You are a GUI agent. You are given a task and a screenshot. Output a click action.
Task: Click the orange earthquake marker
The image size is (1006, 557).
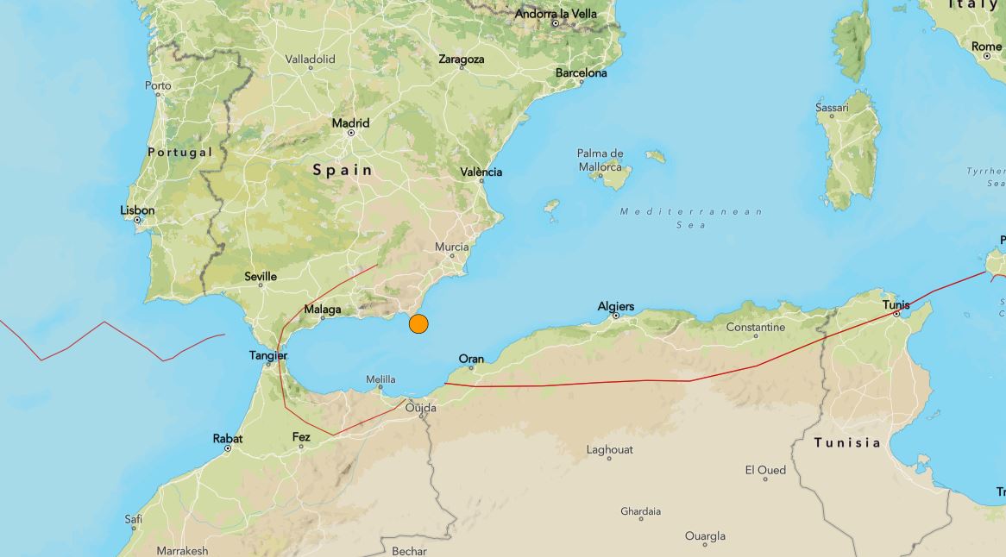[x=418, y=324]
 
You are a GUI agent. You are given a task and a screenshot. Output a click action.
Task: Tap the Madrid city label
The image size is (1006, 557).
[x=351, y=123]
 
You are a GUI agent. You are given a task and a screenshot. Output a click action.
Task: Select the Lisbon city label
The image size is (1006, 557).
[x=138, y=210]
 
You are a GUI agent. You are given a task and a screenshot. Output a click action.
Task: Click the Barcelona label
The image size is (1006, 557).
[x=581, y=73]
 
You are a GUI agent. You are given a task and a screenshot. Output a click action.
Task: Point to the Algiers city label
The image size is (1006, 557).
[x=616, y=306]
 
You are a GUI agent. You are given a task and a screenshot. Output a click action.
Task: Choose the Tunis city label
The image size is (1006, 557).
[x=896, y=304]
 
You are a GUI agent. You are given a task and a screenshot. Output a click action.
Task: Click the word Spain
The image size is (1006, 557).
[x=343, y=170]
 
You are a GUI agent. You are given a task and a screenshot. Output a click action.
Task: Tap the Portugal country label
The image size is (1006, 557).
[x=179, y=152]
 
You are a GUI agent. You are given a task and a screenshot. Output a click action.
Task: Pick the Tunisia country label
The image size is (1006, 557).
[x=847, y=443]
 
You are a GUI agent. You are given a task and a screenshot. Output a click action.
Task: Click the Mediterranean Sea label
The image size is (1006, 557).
[x=692, y=217]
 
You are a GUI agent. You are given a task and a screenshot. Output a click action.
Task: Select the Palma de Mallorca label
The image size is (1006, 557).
[x=600, y=160]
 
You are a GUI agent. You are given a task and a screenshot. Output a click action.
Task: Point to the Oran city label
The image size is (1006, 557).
[x=471, y=359]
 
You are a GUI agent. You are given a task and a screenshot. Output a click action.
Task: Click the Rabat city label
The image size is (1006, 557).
[x=228, y=439]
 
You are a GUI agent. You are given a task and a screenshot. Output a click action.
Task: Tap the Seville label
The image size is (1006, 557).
[x=261, y=277]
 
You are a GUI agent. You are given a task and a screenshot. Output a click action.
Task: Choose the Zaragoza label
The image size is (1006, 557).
[x=462, y=59]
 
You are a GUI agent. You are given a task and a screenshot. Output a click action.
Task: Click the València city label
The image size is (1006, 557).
[x=481, y=172]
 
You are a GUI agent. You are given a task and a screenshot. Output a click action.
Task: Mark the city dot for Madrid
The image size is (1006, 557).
[x=351, y=133]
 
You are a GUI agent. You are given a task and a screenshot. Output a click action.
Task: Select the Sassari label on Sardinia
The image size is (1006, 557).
[x=832, y=108]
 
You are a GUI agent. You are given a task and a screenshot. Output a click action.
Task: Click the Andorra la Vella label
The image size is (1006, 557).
[x=556, y=14]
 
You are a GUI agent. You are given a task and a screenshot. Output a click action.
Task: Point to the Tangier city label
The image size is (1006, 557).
[x=268, y=355]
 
